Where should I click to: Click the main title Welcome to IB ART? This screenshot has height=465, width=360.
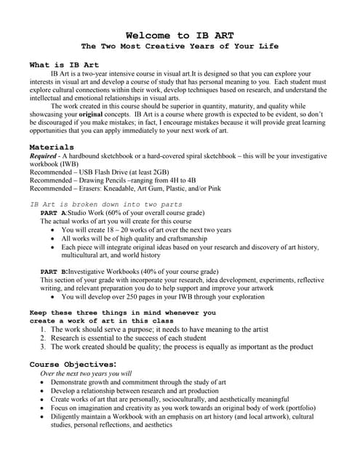coord(180,35)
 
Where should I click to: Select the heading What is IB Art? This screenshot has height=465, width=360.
coord(64,65)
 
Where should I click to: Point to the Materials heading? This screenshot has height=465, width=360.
coord(52,147)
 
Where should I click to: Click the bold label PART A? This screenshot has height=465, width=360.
coord(54,213)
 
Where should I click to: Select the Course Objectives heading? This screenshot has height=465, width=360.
coord(73,364)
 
